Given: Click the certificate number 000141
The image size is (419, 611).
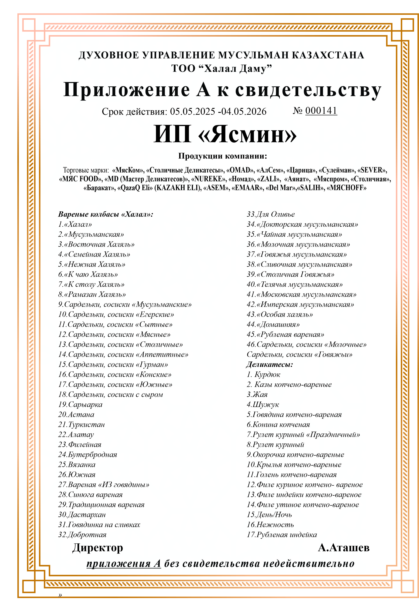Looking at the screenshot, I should tap(321, 111).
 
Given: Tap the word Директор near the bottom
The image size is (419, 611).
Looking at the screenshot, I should tap(98, 548).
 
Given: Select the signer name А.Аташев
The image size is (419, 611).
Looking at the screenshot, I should tap(344, 548).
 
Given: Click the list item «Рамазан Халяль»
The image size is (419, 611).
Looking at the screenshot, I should tap(92, 294).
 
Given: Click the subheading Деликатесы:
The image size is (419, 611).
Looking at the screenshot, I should tap(269, 364).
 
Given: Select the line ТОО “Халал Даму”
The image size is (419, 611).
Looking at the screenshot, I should tap(221, 68).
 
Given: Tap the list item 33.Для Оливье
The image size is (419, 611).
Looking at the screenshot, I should tap(271, 214).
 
